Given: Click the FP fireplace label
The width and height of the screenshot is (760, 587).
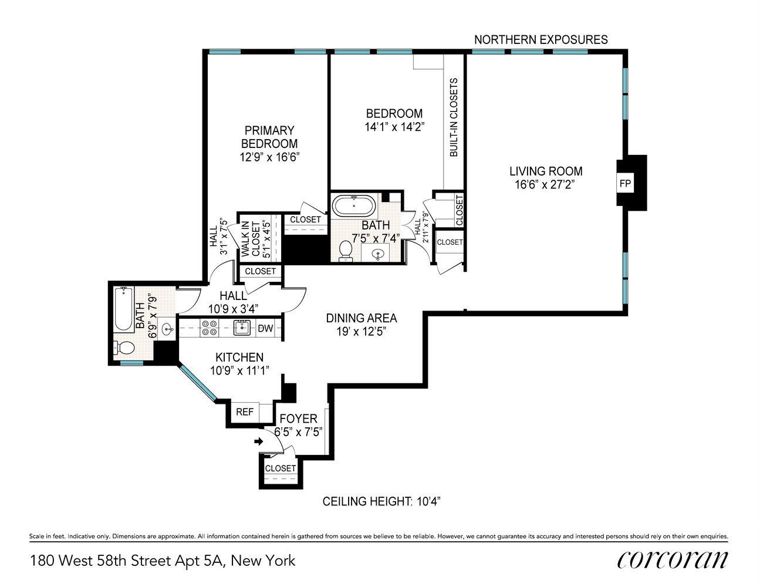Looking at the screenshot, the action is point(624,183).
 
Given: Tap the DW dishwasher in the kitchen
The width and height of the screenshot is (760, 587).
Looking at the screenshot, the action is point(265,328).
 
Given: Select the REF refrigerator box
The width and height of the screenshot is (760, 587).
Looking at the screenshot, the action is point(245,412).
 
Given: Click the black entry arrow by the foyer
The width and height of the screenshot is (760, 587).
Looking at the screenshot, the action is point(258,441).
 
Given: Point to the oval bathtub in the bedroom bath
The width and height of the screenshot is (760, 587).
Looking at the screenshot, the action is point(354,205).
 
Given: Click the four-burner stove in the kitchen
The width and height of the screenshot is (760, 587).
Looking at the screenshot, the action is point(209,328).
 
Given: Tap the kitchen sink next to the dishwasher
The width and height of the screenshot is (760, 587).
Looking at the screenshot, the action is point(242,328).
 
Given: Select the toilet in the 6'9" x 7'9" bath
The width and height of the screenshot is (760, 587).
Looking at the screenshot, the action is point(124,348).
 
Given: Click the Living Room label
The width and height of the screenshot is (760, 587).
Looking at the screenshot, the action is point(546,171).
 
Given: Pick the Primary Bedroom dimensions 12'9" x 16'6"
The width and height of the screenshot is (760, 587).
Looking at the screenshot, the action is point(269,157).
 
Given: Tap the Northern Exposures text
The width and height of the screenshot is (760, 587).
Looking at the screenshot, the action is point(541,40).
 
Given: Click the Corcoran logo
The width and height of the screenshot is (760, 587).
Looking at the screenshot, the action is point(672,560).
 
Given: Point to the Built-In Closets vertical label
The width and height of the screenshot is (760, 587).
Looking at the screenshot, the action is point(453,117).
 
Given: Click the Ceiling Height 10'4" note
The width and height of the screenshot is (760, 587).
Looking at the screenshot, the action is point(381,502).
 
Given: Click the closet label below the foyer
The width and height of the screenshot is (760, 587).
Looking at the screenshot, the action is point(280,468).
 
